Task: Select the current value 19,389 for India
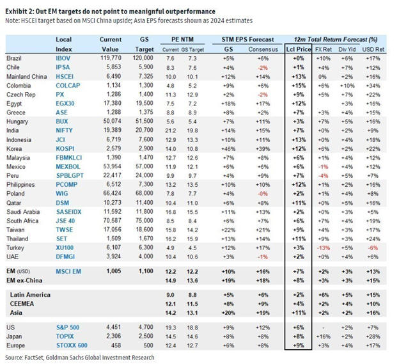(x=111, y=129)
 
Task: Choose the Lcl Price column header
(x=298, y=49)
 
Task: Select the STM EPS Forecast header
(x=239, y=40)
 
